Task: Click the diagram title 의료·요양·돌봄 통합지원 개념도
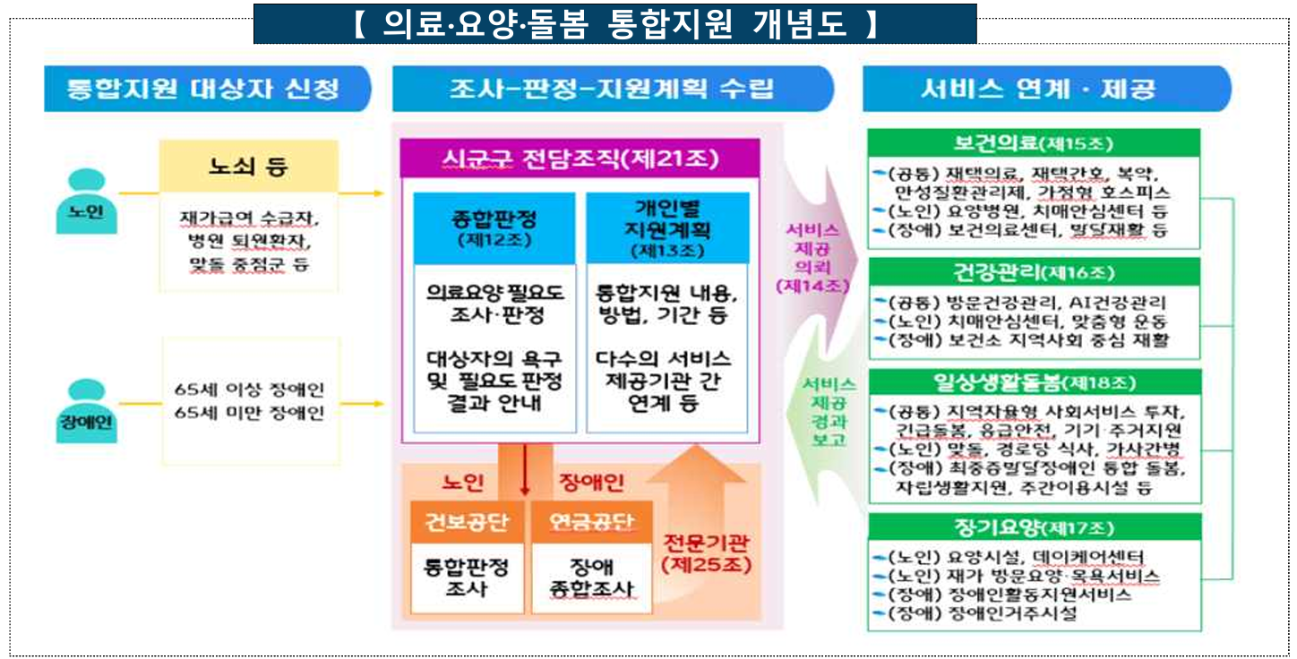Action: [614, 24]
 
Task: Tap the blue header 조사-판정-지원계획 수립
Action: [612, 89]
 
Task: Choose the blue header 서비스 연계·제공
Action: [1039, 89]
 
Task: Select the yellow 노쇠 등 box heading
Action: [248, 166]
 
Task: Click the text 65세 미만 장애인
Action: [250, 413]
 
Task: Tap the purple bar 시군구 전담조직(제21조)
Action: [580, 159]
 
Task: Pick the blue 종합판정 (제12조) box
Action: [494, 227]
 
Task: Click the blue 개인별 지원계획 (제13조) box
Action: [667, 227]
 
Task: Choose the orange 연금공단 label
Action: [587, 523]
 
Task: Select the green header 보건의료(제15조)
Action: [1035, 142]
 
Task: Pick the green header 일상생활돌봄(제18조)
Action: [1035, 382]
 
